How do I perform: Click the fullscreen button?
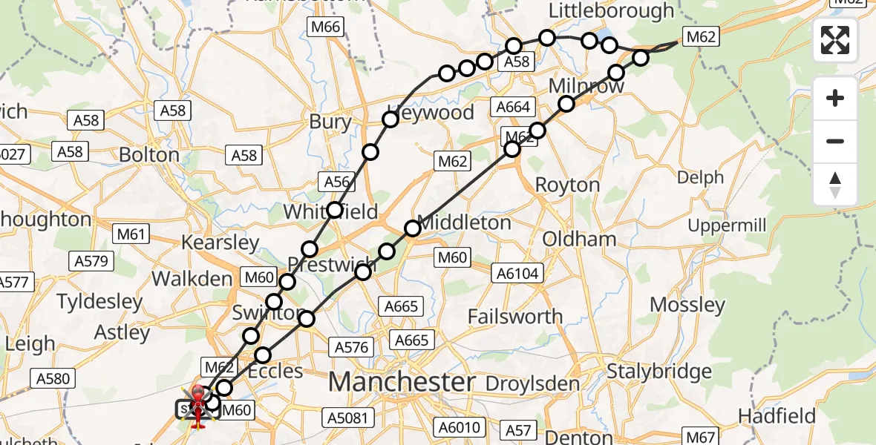pos(835,40)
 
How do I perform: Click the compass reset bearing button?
pos(835,185)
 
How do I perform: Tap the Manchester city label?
pos(402,383)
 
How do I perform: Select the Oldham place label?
pos(580,240)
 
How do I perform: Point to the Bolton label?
pos(149,155)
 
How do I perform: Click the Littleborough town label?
pos(611,11)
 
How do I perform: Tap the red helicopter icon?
pos(199,406)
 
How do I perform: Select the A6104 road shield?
pos(517,274)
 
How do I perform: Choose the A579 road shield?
pos(92,261)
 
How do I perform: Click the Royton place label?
pos(567,185)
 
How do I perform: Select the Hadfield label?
pos(777,415)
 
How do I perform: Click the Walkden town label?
pos(192,279)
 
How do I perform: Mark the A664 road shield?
pos(513,108)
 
